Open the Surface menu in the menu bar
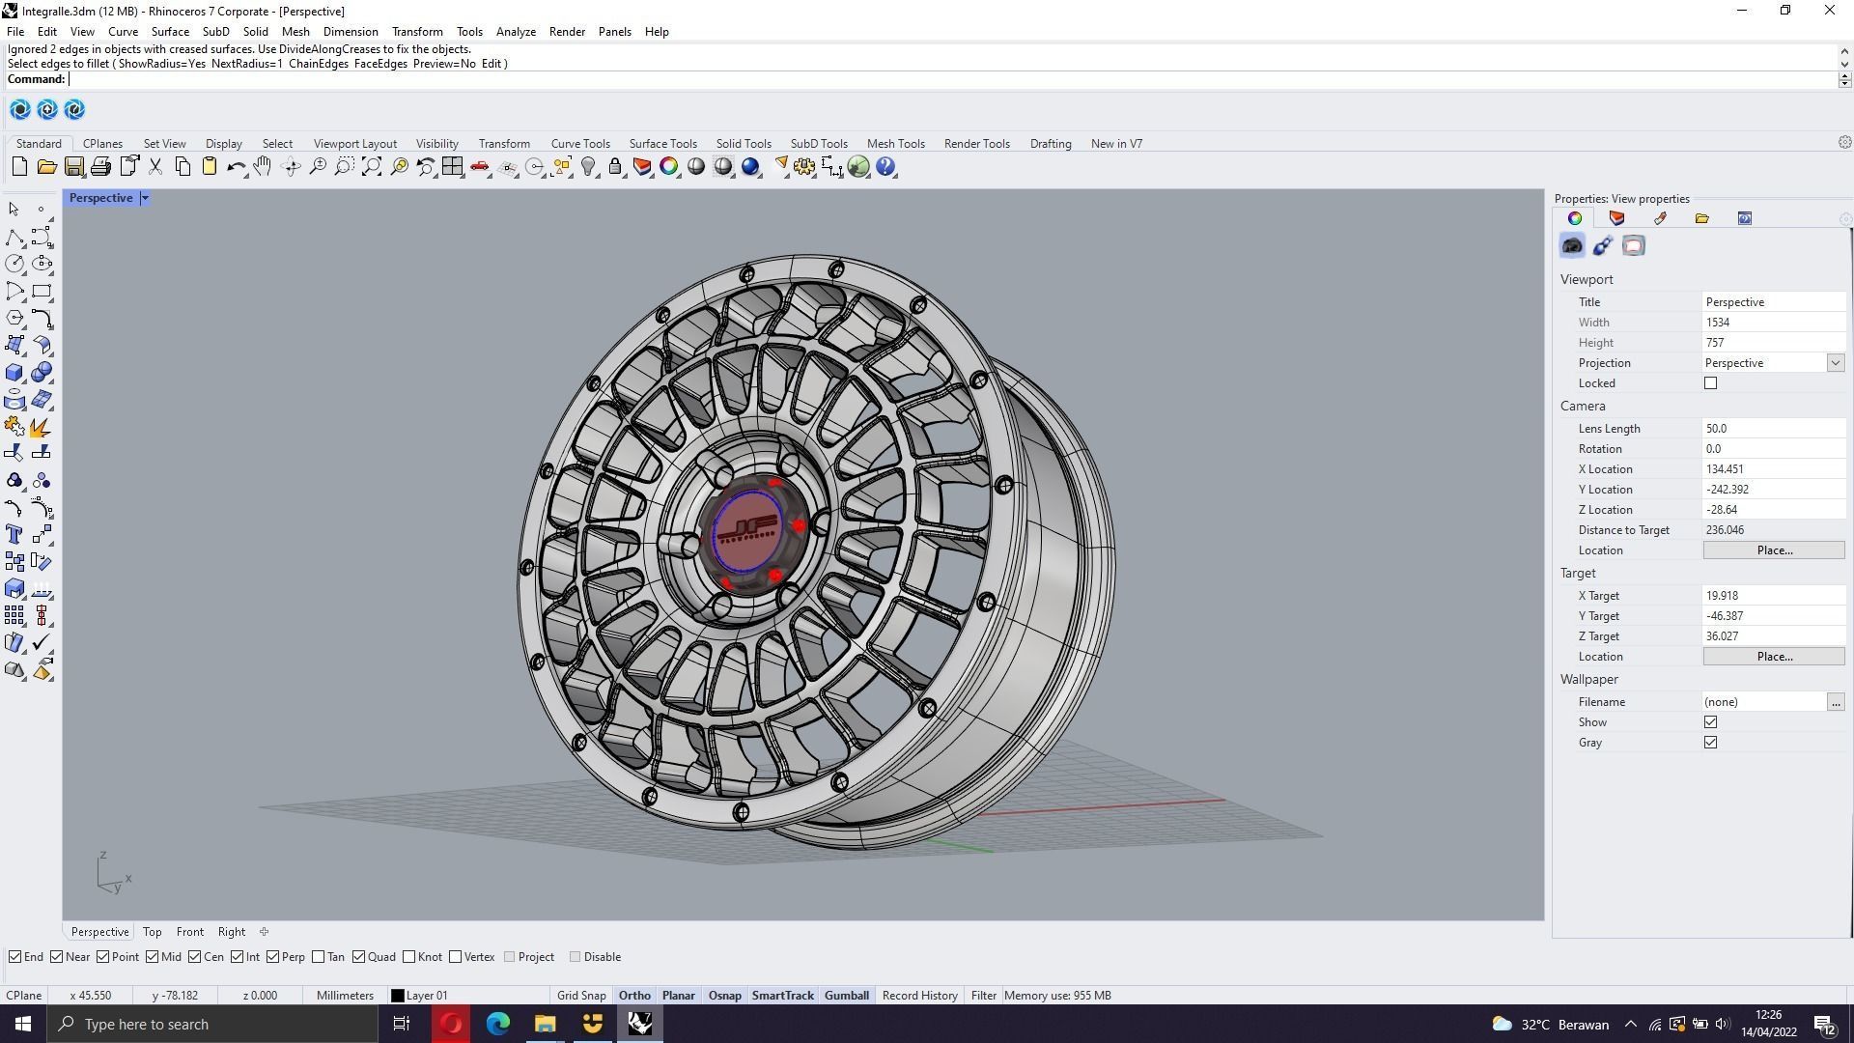point(170,32)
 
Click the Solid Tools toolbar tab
point(743,144)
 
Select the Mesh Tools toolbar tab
point(895,144)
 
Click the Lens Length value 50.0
point(1773,429)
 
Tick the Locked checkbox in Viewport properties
point(1710,383)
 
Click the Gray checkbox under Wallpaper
point(1710,743)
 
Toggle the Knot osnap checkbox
point(409,957)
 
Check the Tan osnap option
point(319,957)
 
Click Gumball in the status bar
point(846,996)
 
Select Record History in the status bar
point(919,996)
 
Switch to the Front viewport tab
point(189,932)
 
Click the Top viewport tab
point(152,932)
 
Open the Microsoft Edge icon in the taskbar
point(498,1024)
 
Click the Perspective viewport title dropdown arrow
point(145,198)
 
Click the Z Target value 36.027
point(1773,636)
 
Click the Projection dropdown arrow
point(1835,363)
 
